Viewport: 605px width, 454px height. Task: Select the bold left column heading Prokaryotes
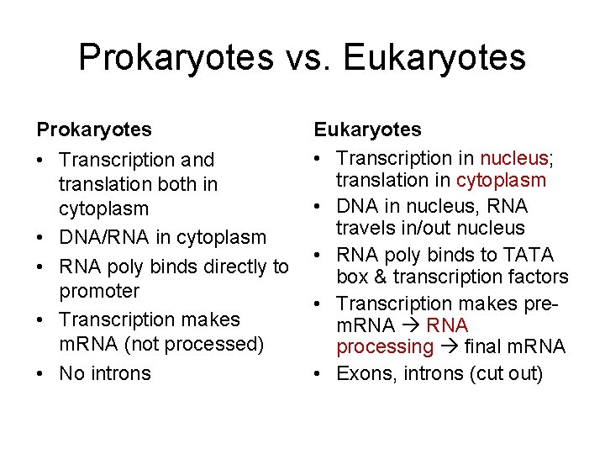(x=94, y=129)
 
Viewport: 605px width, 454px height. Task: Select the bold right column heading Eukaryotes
(x=368, y=129)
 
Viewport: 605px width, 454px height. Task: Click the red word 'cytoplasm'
(x=501, y=180)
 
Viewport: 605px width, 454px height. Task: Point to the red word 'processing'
(x=385, y=346)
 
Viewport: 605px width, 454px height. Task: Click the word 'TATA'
(x=529, y=255)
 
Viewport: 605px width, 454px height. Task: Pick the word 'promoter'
(x=99, y=291)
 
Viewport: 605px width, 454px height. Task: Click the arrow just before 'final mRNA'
(x=449, y=346)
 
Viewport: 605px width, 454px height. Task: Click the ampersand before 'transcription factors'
(x=366, y=277)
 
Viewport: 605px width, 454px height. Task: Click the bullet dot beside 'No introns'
(x=42, y=373)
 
